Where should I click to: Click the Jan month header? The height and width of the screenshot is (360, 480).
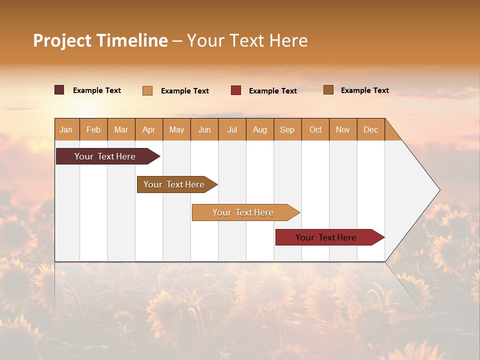tap(66, 129)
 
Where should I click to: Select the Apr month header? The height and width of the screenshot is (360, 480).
tap(149, 129)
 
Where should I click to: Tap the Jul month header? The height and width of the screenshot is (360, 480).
tap(232, 129)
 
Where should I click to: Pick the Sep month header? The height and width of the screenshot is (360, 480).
tap(287, 129)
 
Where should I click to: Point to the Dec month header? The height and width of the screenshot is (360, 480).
tap(370, 129)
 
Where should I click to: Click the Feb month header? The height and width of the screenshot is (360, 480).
tap(93, 129)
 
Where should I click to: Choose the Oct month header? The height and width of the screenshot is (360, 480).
tap(315, 129)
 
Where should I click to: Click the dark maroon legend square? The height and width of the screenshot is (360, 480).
tap(59, 90)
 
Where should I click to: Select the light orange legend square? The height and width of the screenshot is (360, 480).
tap(147, 90)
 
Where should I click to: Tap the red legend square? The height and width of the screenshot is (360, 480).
tap(236, 90)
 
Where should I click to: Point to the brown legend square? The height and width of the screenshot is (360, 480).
tap(328, 90)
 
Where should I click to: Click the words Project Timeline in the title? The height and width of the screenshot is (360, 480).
tap(100, 40)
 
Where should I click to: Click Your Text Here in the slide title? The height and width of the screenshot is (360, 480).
tap(247, 40)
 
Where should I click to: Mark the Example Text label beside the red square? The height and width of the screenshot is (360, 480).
tap(272, 91)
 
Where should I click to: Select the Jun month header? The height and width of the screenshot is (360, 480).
tap(204, 129)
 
